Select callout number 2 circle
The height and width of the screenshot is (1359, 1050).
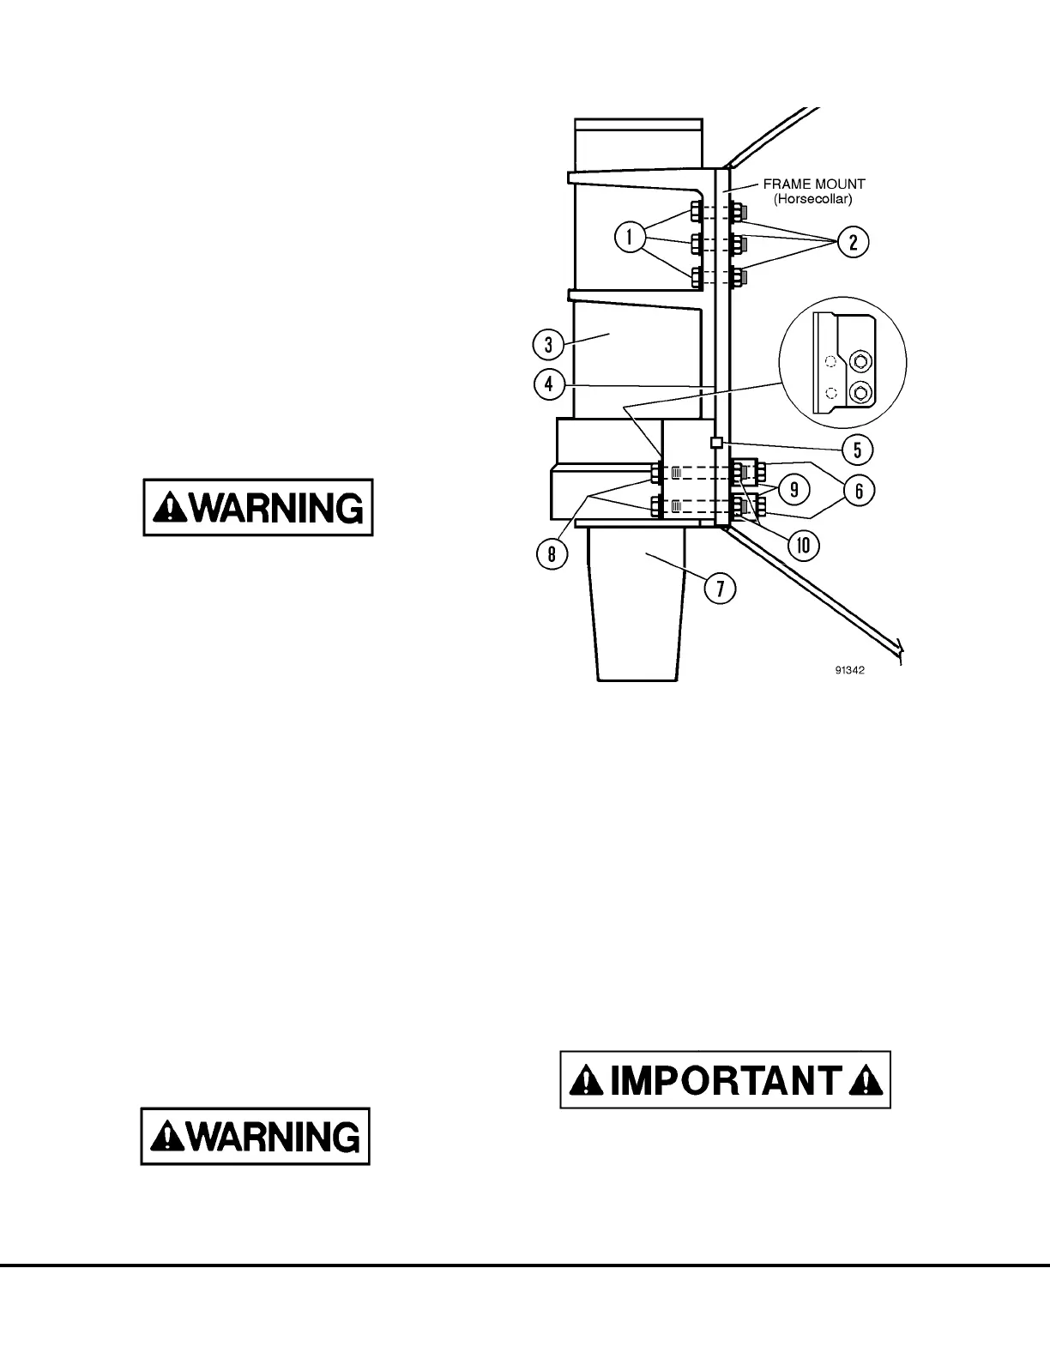[x=853, y=243]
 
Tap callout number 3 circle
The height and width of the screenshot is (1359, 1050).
[x=548, y=346]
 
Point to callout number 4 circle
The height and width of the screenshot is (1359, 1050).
[x=548, y=384]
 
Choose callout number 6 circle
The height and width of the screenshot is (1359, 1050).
[x=858, y=490]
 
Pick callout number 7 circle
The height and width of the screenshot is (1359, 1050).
[x=720, y=589]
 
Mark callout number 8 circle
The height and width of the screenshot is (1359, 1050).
[x=552, y=553]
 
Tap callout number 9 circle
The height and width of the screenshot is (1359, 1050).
[x=794, y=490]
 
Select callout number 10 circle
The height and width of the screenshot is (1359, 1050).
[x=804, y=546]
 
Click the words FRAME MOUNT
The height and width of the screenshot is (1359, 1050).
[x=814, y=184]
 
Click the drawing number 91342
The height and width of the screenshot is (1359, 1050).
[x=848, y=671]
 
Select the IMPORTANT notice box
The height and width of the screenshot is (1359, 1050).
[x=726, y=1079]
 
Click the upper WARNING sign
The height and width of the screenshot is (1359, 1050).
[x=258, y=508]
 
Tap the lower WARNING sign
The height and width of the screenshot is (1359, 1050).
[x=256, y=1136]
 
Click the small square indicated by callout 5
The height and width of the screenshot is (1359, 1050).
[x=716, y=442]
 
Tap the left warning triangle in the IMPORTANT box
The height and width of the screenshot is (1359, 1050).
[x=589, y=1081]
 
